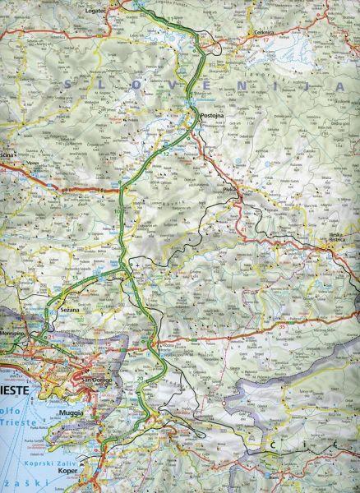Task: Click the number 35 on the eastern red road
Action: pyautogui.click(x=282, y=327)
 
